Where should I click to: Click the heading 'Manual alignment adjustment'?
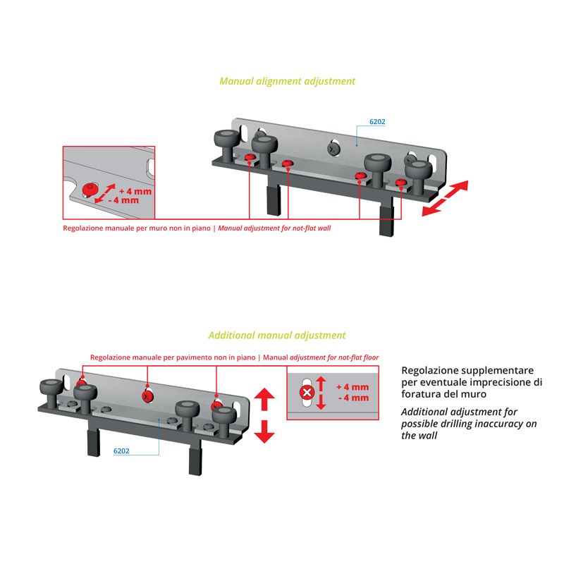287,81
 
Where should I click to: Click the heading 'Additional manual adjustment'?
276,336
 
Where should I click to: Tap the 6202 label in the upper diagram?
377,122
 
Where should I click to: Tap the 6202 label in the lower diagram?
121,451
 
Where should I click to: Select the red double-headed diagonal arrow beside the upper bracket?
445,198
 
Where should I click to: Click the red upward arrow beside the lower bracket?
264,399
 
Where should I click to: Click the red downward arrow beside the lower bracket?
264,431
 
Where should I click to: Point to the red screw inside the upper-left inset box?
90,189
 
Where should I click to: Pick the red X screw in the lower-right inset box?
307,392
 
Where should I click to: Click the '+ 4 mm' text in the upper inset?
135,191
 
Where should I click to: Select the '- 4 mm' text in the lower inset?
353,398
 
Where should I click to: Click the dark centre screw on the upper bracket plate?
333,148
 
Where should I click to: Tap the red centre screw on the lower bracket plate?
147,396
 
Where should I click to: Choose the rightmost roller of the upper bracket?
418,177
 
